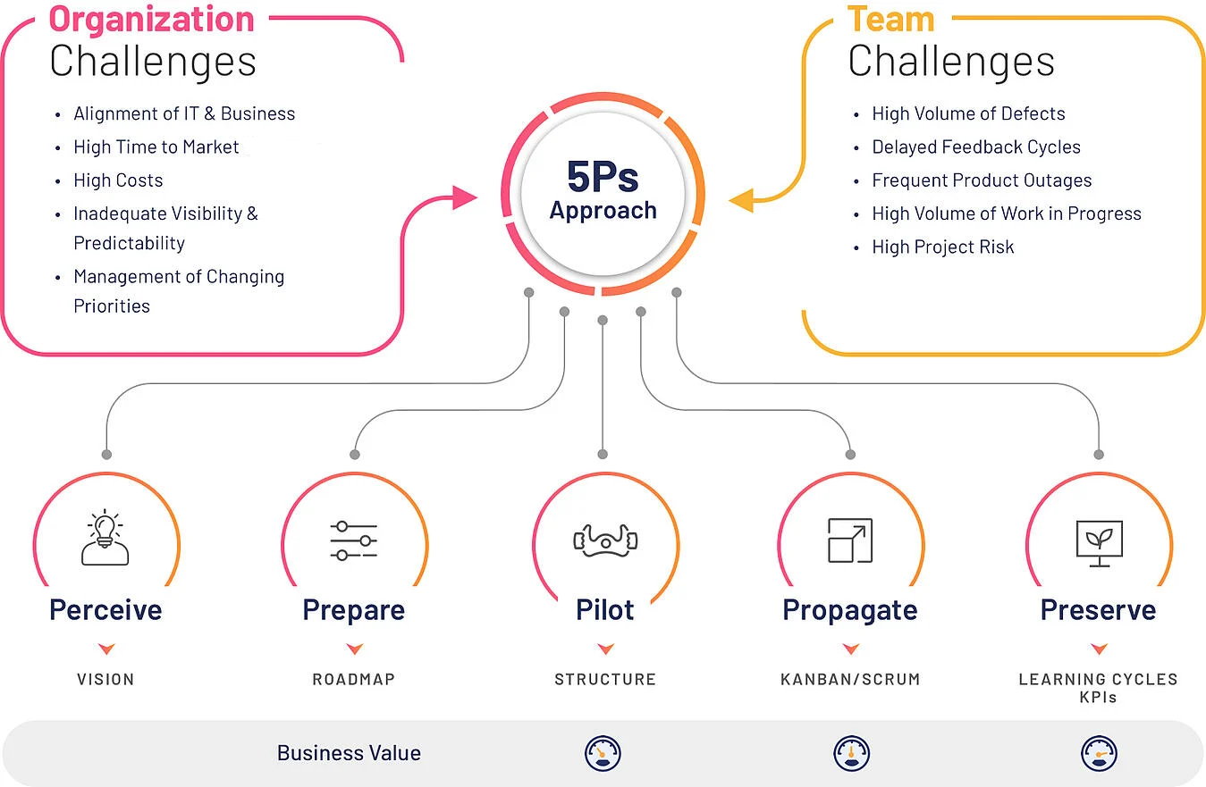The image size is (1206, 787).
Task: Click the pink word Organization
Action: coord(151,19)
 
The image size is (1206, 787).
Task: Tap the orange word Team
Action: coord(890,19)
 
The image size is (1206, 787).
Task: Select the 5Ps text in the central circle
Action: coord(603,176)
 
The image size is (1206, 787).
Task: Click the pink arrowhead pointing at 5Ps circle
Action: coord(465,197)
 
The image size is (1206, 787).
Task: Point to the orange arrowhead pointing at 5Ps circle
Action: coord(742,200)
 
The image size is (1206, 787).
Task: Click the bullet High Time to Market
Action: coord(156,147)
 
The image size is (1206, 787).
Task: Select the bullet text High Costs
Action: coord(118,180)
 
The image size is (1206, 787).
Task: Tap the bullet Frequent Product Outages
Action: coord(982,180)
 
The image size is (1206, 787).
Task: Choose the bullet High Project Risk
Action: coord(943,247)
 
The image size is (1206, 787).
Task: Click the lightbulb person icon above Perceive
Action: coord(105,540)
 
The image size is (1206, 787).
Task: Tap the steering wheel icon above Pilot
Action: coord(604,540)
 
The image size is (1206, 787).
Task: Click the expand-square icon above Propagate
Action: coord(849,540)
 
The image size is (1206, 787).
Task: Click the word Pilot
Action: coord(605,610)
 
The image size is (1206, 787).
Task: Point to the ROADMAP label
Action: coord(354,680)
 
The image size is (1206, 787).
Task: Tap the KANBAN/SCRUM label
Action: coord(850,680)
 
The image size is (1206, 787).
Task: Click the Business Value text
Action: coord(349,753)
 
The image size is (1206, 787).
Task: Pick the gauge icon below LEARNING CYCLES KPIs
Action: coord(1099,753)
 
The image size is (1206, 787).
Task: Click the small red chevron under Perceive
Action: coord(106,649)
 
